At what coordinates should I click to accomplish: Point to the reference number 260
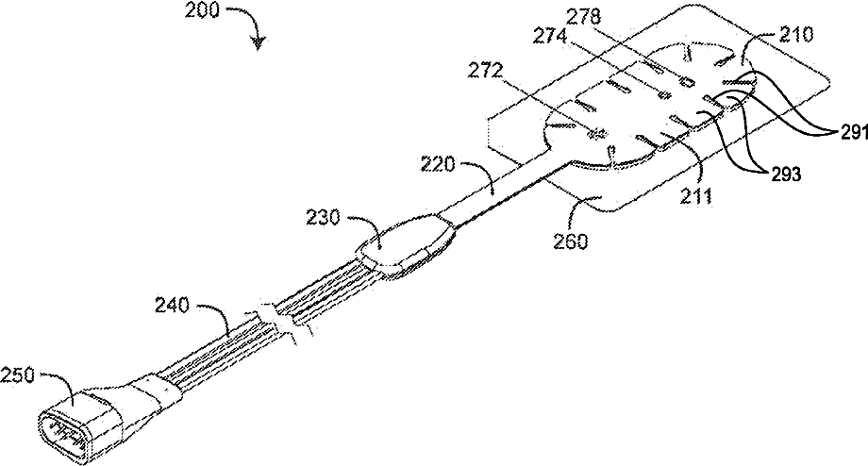click(x=571, y=241)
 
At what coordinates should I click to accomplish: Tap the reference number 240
click(x=173, y=304)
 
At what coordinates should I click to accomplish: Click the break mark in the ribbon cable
click(x=278, y=321)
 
